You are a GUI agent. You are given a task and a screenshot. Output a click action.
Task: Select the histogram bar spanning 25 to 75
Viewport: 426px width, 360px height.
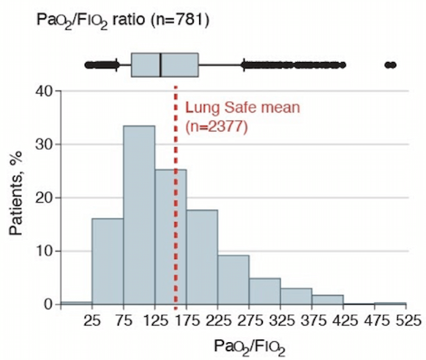click(107, 261)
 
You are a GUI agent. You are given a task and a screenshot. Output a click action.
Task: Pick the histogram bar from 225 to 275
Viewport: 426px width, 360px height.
click(233, 280)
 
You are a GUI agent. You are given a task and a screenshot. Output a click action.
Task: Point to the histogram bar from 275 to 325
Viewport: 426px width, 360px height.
click(264, 291)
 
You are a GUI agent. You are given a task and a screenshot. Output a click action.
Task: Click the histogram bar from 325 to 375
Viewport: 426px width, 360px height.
click(296, 296)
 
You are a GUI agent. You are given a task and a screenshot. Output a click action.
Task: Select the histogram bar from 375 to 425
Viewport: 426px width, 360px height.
click(328, 300)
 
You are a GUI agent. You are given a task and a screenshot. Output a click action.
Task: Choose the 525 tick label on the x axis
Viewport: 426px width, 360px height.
click(406, 321)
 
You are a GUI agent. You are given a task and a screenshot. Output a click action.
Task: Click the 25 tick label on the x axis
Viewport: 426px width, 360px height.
click(92, 321)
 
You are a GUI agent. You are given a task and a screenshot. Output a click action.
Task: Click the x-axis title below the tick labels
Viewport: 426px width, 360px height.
click(249, 346)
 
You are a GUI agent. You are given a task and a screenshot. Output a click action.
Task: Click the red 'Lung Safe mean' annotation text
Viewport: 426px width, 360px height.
click(242, 107)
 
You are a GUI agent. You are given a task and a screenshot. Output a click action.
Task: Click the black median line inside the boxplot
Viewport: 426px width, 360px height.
click(160, 65)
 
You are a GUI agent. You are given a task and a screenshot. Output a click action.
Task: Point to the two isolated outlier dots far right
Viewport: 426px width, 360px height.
click(390, 65)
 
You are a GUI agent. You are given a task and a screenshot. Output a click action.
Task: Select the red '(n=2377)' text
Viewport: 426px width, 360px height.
click(216, 127)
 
